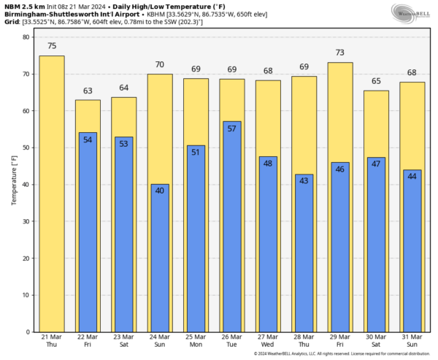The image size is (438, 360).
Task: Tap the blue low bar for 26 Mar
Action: tap(231, 226)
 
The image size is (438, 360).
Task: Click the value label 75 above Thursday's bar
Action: tap(52, 46)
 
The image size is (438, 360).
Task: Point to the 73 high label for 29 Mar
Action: tap(339, 53)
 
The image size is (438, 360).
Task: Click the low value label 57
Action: tap(231, 128)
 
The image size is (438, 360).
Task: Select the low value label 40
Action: tap(160, 191)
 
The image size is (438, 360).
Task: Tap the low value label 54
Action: tap(88, 139)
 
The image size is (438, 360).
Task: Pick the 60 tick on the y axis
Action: tap(26, 111)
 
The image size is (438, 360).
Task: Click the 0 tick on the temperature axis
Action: tap(28, 332)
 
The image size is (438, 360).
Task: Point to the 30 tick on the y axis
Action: tap(26, 222)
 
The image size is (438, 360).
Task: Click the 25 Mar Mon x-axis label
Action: tap(196, 340)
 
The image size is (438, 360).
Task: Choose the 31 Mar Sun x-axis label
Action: tap(411, 340)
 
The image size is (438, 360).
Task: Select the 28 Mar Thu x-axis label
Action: tap(303, 340)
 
